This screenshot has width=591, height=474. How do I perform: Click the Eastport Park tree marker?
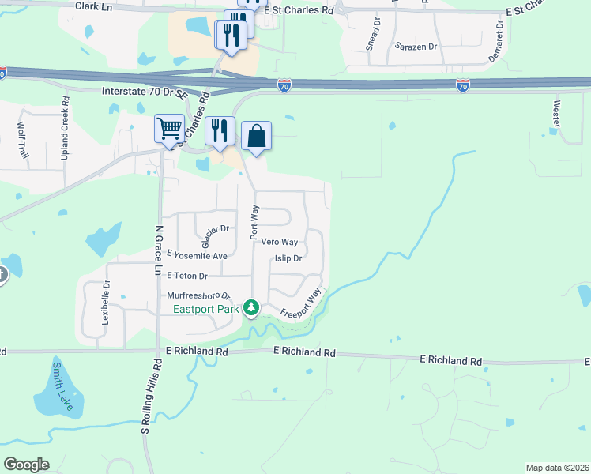[251, 307]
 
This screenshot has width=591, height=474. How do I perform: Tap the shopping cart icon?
[170, 128]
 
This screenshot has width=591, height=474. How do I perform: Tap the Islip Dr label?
[288, 258]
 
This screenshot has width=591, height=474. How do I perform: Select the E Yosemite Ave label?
[197, 256]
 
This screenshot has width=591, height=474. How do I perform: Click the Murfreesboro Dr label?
[198, 295]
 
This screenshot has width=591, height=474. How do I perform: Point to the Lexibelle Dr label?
[104, 303]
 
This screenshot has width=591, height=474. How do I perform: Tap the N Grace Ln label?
[159, 250]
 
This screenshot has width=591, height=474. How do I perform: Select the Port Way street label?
[254, 224]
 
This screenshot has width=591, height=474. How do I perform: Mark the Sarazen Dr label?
[416, 47]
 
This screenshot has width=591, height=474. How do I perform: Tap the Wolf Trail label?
[22, 140]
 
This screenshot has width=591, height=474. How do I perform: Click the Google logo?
[27, 465]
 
